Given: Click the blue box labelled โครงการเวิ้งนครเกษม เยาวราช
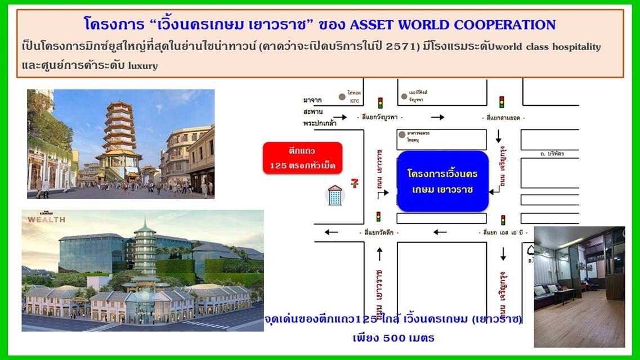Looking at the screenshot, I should point(442,181).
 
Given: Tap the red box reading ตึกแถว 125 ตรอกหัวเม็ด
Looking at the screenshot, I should point(302,157).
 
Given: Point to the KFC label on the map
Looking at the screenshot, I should point(353,101).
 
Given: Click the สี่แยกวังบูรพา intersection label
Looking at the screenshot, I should point(381,118).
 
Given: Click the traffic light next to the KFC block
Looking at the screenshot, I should point(381,102).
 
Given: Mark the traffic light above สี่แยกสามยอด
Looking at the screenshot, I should point(502,102).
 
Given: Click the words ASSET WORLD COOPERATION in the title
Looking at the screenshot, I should point(453,25).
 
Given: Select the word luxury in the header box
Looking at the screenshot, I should point(144,65).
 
